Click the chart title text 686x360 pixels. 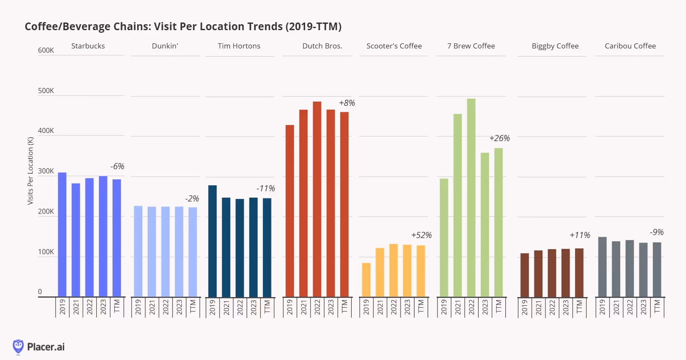(183, 26)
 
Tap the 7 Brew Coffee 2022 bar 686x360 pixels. (471, 198)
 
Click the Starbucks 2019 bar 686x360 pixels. (62, 235)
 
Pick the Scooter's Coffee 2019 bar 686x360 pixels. (366, 280)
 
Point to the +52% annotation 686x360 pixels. (421, 235)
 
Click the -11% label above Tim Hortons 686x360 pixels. (265, 188)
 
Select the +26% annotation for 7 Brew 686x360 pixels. (499, 138)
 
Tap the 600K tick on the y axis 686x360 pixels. (46, 50)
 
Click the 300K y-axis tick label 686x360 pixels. (46, 171)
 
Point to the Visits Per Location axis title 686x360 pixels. (30, 170)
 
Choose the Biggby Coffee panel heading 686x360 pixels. (555, 46)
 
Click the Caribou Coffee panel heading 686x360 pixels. (630, 46)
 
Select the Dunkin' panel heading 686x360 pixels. (165, 46)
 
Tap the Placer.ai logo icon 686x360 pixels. (18, 346)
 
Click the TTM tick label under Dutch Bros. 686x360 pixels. (344, 306)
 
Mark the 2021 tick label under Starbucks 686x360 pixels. (76, 307)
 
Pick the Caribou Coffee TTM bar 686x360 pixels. (657, 269)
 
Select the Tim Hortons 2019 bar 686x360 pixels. (212, 241)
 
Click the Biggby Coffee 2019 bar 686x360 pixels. (525, 275)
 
